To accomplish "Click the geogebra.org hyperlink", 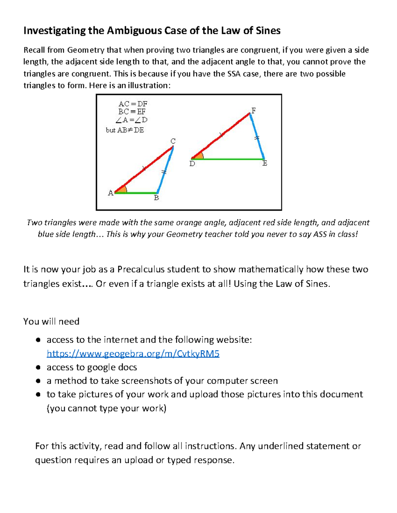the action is coord(133,354).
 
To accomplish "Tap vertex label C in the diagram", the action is coord(173,141).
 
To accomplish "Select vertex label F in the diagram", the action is coord(253,111).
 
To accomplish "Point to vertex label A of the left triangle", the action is coord(110,193).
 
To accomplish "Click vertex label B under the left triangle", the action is coord(156,198).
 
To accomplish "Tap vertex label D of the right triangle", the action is coord(192,164).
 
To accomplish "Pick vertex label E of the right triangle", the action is coord(265,164).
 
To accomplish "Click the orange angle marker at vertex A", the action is coord(121,190).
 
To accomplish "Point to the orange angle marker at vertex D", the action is coord(198,156).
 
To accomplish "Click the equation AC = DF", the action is coord(133,104).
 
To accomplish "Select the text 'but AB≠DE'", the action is coord(125,130).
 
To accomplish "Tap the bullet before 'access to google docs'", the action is coord(38,367).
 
